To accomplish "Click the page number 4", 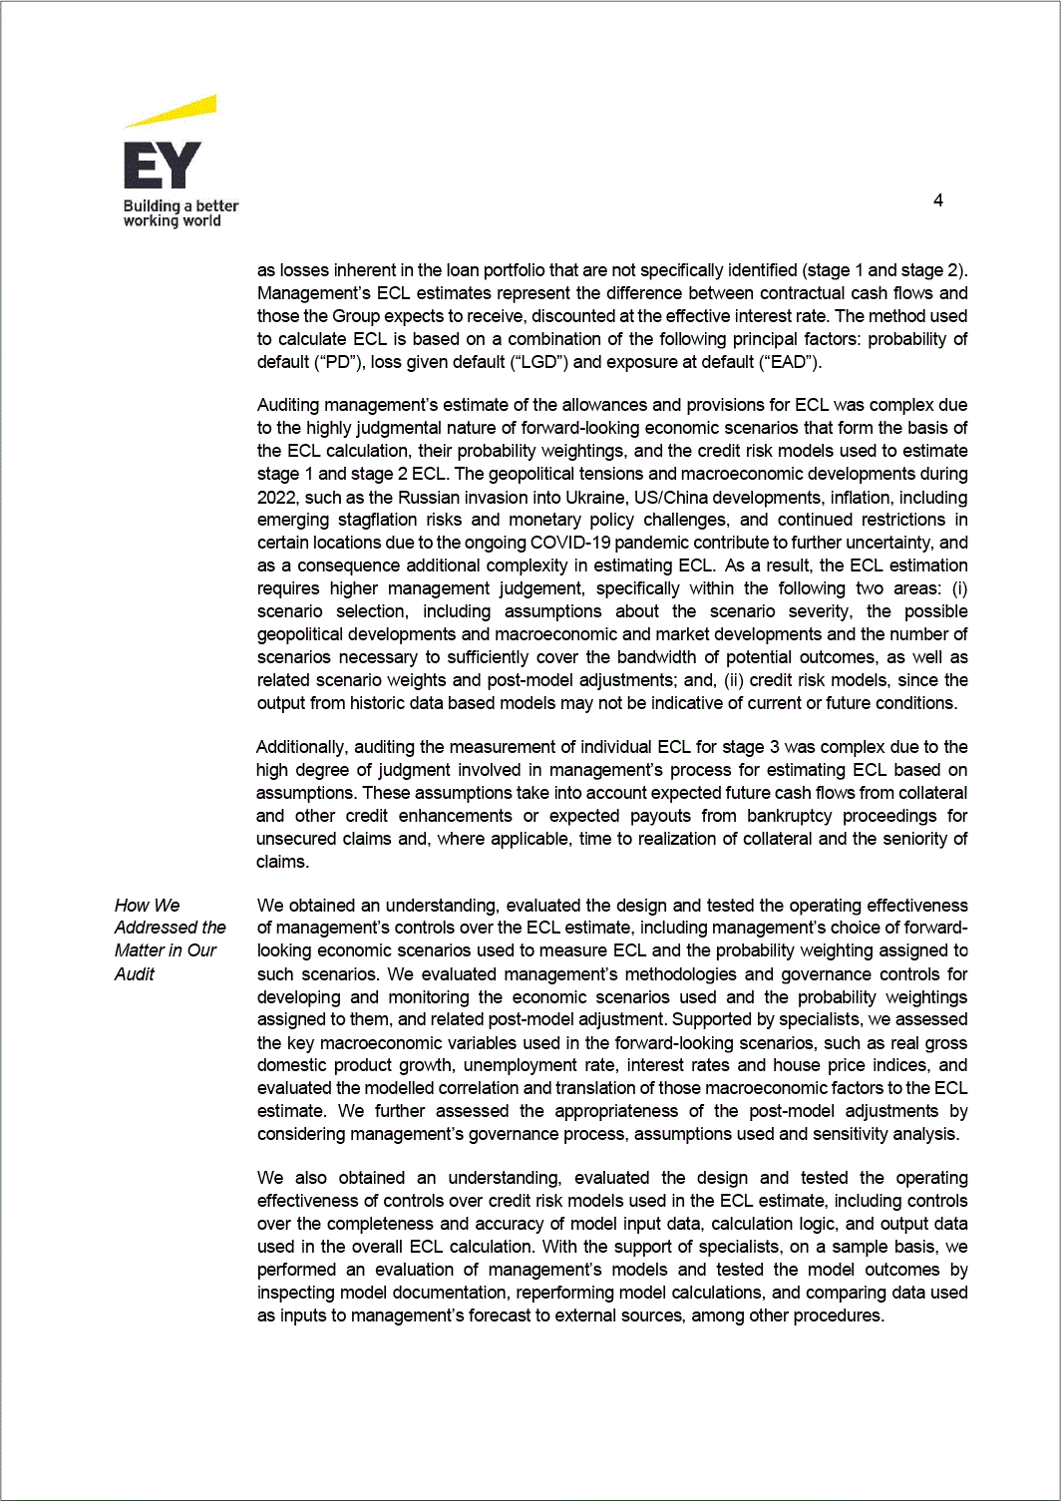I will pyautogui.click(x=937, y=200).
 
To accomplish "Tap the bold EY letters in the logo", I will pyautogui.click(x=162, y=165).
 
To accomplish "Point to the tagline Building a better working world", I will pyautogui.click(x=179, y=213).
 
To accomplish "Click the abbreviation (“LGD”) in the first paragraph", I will pyautogui.click(x=539, y=362).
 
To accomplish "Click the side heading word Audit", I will pyautogui.click(x=135, y=974).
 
